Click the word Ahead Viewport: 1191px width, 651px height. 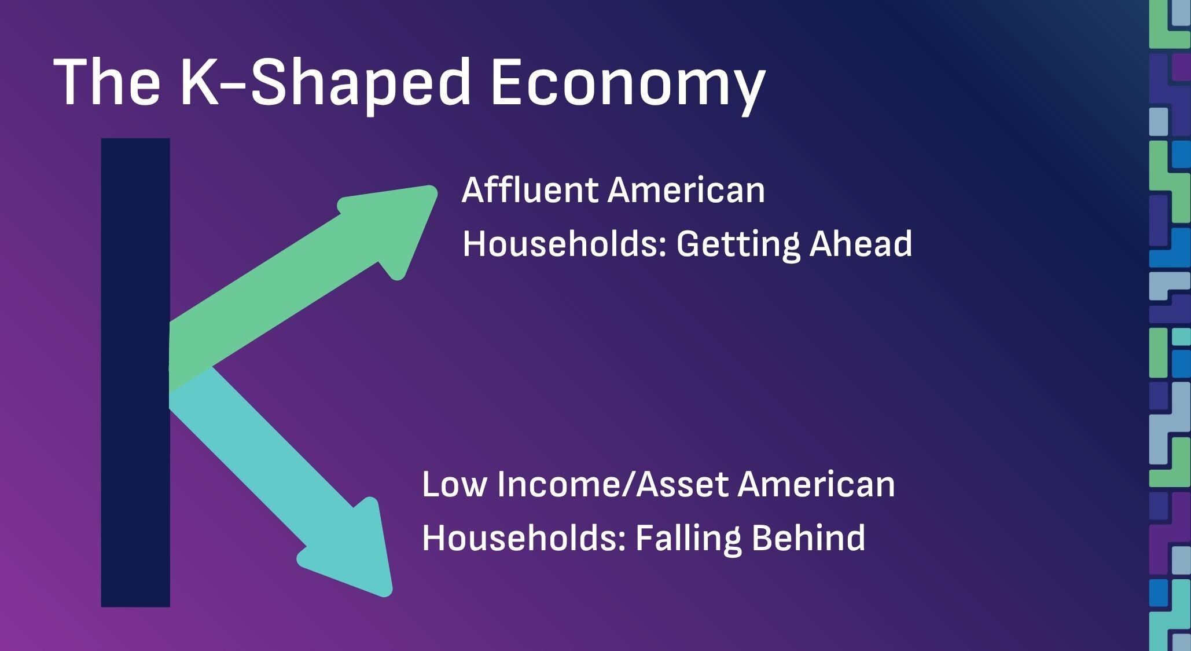(x=861, y=243)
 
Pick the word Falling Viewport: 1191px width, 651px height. (x=688, y=538)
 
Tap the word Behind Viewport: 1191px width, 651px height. (x=808, y=537)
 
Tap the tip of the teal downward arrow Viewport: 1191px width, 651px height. (x=389, y=594)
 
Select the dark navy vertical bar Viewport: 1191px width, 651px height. (x=135, y=372)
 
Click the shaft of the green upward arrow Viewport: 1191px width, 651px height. (x=272, y=301)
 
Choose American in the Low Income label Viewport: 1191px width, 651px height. (x=817, y=484)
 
